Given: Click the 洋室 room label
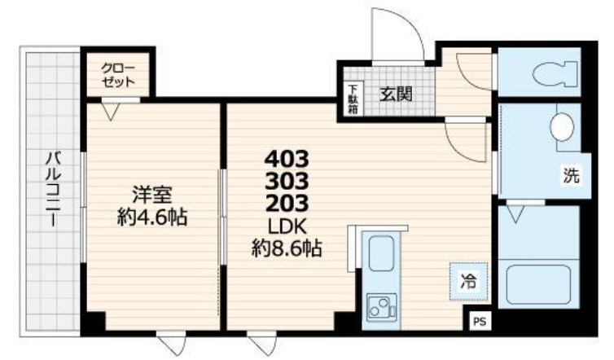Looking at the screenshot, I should point(152,195).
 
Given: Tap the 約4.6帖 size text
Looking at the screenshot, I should point(152,217).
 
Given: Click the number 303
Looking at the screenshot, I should point(287,178).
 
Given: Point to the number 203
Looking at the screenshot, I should point(287,200).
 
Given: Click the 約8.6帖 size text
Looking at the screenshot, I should point(287,247).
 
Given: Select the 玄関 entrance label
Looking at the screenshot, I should point(396,94).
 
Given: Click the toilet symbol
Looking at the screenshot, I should point(555,75).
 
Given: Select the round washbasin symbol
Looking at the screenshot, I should point(560,127).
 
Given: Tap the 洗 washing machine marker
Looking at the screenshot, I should point(569,173).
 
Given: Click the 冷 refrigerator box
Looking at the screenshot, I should point(468,283).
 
